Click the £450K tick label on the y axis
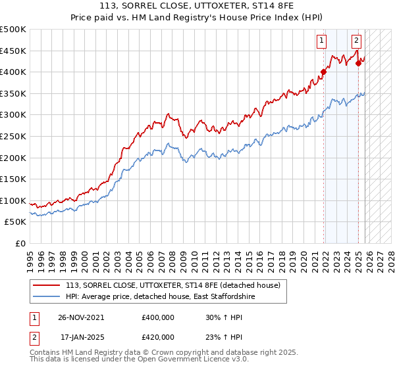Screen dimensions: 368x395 (13, 51)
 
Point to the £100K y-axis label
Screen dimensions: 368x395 (13, 200)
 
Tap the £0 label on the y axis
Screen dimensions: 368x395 (20, 244)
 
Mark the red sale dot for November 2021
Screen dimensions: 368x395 (323, 72)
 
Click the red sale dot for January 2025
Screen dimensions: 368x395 (358, 63)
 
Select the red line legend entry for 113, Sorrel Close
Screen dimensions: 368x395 (173, 285)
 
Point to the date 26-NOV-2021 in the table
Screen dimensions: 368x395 (82, 317)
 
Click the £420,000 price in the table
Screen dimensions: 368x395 (157, 336)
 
